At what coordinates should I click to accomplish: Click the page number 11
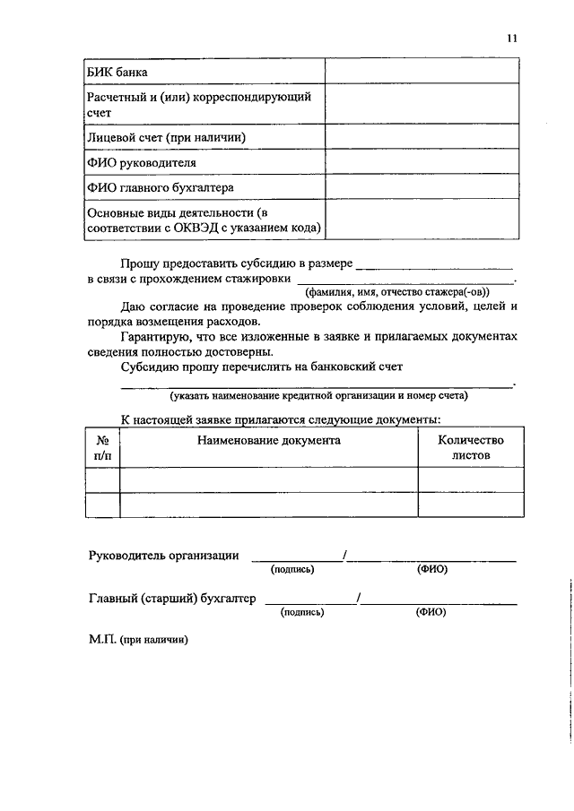pos(512,38)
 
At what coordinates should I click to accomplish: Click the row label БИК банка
pos(117,72)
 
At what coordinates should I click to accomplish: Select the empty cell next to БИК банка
pos(422,71)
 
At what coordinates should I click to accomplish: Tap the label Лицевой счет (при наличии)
pos(166,138)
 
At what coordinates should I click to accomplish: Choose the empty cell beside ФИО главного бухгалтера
pos(422,187)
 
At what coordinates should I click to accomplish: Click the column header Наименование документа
pos(269,440)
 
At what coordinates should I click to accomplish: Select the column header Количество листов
pos(471,447)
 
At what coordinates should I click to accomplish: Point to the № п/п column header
pos(103,447)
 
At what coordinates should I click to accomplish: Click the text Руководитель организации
pos(163,556)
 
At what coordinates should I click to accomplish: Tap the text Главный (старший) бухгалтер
pos(172,599)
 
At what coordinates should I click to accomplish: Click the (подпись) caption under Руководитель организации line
pos(292,569)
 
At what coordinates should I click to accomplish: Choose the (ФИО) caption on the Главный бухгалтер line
pos(430,612)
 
